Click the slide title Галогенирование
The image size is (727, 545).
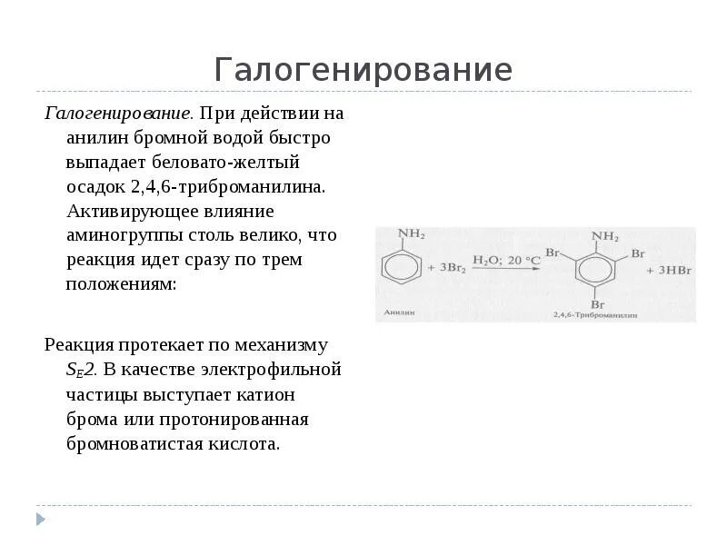point(363,70)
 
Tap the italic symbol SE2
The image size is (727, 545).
point(81,371)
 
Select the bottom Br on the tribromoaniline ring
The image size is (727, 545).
point(595,305)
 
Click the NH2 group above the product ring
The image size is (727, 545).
point(605,236)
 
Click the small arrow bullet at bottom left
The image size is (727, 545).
point(40,519)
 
